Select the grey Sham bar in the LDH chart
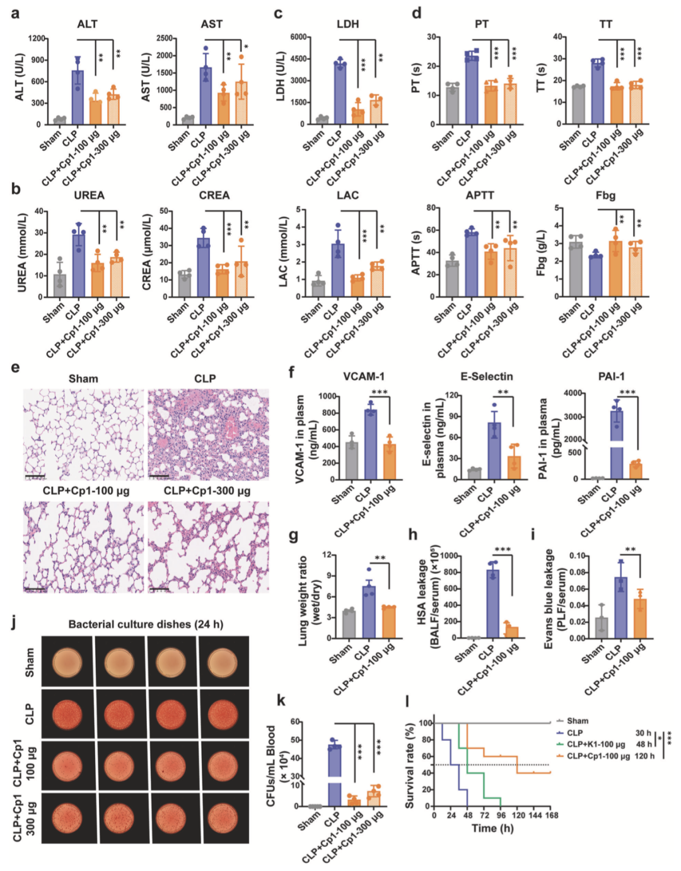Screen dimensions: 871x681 [x=322, y=120]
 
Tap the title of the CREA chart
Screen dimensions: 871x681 [x=214, y=195]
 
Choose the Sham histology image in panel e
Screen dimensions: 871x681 [x=83, y=434]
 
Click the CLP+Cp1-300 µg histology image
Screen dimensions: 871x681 [x=208, y=547]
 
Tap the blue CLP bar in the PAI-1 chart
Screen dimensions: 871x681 [x=617, y=429]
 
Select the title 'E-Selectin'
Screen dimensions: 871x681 [x=486, y=377]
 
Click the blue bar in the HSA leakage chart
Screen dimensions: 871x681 [x=492, y=603]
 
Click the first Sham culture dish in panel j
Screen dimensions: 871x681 [x=67, y=661]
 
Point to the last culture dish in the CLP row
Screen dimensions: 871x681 [x=223, y=714]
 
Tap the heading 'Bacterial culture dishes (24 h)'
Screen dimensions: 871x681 [x=146, y=624]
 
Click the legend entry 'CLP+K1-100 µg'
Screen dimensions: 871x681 [x=595, y=744]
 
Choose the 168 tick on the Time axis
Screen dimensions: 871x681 [x=550, y=815]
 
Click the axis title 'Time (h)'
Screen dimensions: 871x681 [x=492, y=829]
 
